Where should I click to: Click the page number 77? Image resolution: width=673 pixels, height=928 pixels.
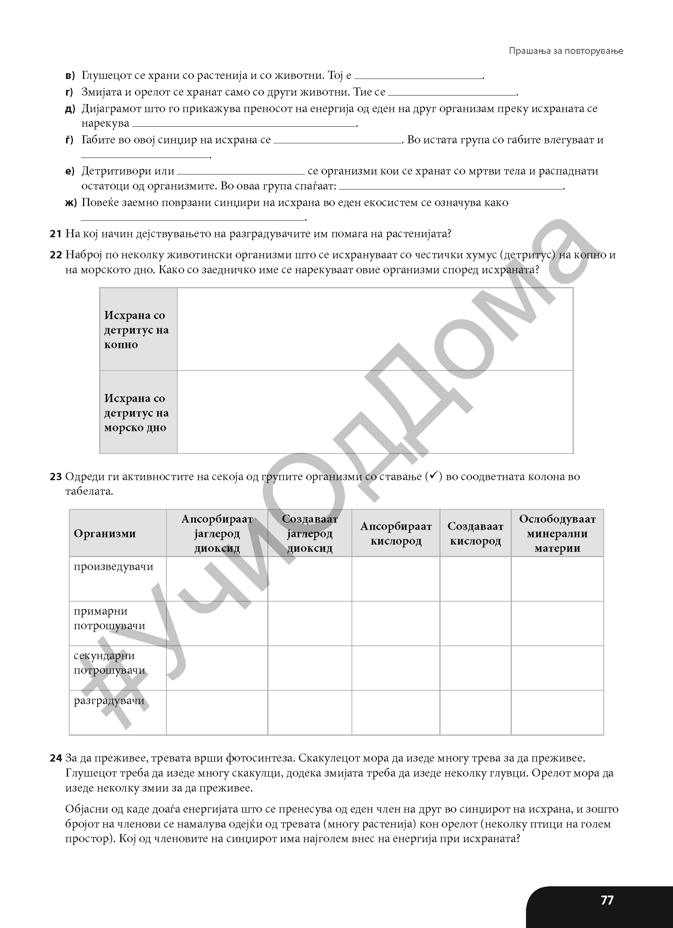(x=607, y=900)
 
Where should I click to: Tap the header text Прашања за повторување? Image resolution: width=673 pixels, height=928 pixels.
(x=566, y=51)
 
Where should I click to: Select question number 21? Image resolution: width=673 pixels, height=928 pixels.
(x=55, y=234)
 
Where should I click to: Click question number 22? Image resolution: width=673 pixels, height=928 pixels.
(x=55, y=255)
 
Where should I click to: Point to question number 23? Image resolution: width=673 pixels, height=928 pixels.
(x=55, y=476)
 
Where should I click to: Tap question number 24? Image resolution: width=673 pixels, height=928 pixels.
(x=55, y=758)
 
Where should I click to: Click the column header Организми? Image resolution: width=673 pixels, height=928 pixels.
(x=105, y=533)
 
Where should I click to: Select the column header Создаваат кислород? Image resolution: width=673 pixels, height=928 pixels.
(x=475, y=533)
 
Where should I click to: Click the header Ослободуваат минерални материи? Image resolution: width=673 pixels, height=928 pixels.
(x=557, y=533)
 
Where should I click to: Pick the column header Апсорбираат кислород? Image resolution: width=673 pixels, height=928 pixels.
(x=396, y=533)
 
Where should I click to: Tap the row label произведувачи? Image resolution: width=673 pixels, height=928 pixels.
(x=113, y=567)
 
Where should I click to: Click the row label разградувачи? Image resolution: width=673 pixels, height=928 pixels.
(x=109, y=700)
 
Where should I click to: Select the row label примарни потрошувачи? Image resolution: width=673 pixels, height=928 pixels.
(x=109, y=618)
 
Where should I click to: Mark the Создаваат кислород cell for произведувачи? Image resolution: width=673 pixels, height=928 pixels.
(x=475, y=579)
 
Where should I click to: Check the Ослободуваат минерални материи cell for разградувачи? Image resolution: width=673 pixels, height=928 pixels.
(x=557, y=712)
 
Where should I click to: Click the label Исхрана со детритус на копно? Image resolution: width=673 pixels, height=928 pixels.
(x=136, y=330)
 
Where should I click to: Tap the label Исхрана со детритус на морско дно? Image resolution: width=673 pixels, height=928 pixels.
(x=136, y=413)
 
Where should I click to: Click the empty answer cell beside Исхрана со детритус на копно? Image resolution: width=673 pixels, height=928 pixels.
(x=375, y=330)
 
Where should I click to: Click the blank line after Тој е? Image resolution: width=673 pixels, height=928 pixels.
(x=418, y=76)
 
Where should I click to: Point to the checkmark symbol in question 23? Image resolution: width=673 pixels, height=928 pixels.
(x=434, y=475)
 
